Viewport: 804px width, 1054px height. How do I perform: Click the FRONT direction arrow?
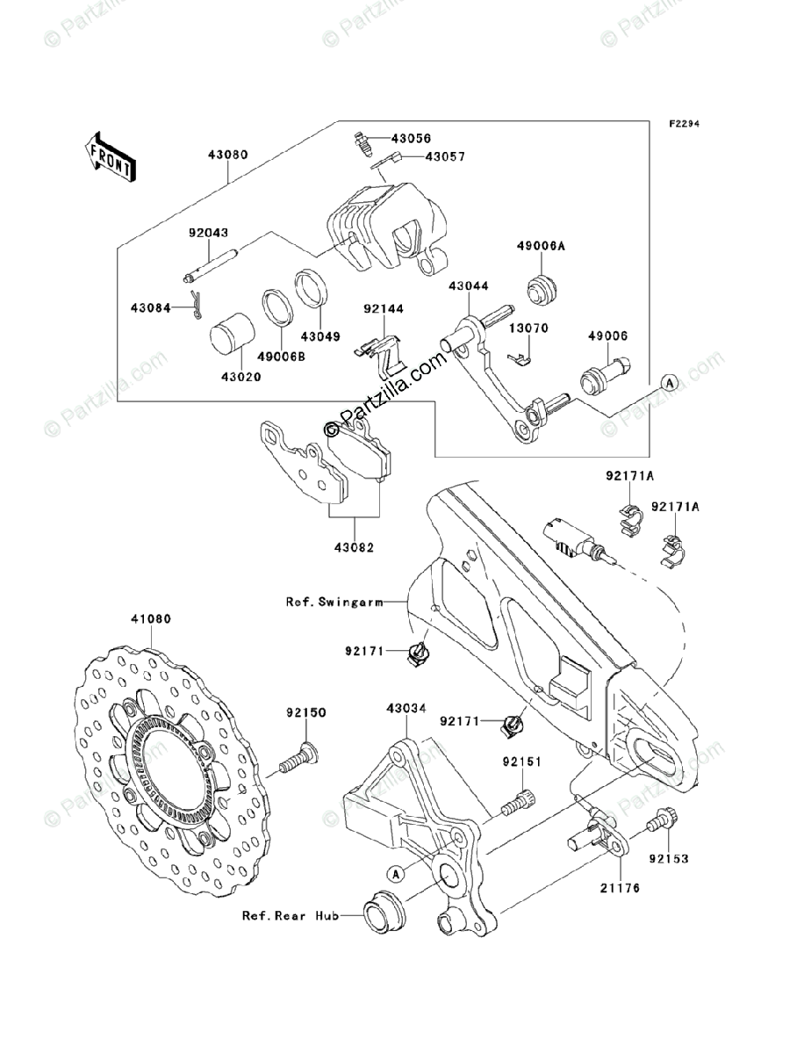pyautogui.click(x=110, y=157)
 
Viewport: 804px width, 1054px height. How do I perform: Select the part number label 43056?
pyautogui.click(x=411, y=138)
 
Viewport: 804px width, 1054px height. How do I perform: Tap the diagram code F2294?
pyautogui.click(x=685, y=124)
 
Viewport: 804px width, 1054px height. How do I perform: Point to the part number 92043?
pyautogui.click(x=208, y=233)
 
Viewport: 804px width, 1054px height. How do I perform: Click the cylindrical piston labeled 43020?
pyautogui.click(x=233, y=336)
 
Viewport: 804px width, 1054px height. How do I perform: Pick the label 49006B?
pyautogui.click(x=281, y=357)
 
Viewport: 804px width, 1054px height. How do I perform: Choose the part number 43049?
pyautogui.click(x=321, y=336)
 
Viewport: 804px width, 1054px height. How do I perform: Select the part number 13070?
pyautogui.click(x=528, y=328)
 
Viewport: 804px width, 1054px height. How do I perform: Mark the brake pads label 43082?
pyautogui.click(x=354, y=547)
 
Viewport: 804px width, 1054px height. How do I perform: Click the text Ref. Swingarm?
pyautogui.click(x=334, y=602)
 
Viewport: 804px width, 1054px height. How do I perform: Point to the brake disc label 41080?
pyautogui.click(x=151, y=619)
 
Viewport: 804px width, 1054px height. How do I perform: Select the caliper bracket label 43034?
pyautogui.click(x=406, y=708)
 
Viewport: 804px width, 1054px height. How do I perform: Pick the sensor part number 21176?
pyautogui.click(x=620, y=888)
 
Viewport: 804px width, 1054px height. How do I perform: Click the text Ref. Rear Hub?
pyautogui.click(x=291, y=916)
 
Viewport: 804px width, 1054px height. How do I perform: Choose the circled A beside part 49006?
pyautogui.click(x=669, y=383)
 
